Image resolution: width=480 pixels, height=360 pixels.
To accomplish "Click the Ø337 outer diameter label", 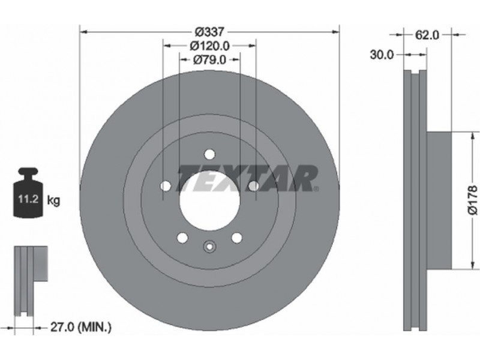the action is [x=210, y=32].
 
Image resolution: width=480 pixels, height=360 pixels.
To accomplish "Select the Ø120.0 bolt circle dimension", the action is [x=209, y=46].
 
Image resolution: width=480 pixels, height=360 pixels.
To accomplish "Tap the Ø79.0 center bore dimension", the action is [x=209, y=59].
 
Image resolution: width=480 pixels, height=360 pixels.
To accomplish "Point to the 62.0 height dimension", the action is [x=427, y=35].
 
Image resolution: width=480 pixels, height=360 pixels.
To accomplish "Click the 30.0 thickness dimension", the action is [x=382, y=55].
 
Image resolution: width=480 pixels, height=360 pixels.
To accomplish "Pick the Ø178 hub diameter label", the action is [x=472, y=200].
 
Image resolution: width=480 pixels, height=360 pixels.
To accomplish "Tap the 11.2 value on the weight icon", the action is [x=28, y=199].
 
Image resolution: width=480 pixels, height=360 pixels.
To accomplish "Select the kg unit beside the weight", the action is [x=53, y=201].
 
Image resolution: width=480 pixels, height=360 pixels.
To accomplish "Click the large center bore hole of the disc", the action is [x=209, y=205].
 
